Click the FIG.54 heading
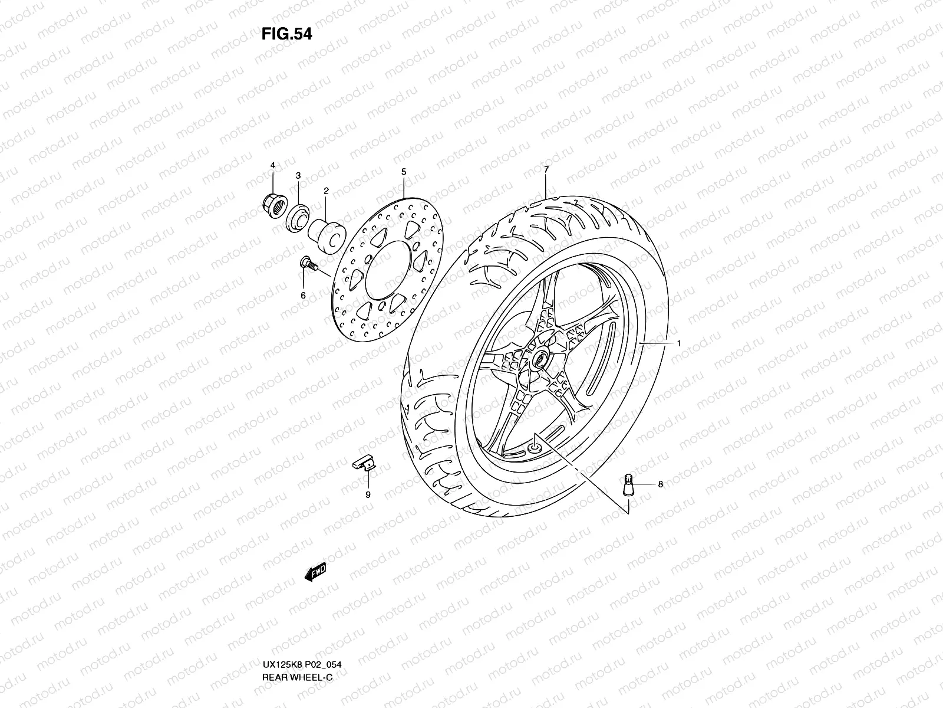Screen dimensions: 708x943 pyautogui.click(x=286, y=34)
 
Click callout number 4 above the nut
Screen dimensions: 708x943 pyautogui.click(x=273, y=166)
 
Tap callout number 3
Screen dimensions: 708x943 pyautogui.click(x=298, y=176)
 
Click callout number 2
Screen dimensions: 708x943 pyautogui.click(x=325, y=191)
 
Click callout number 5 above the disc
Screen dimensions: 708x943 pyautogui.click(x=404, y=172)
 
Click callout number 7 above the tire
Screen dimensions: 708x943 pyautogui.click(x=546, y=169)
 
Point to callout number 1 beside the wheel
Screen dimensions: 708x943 pyautogui.click(x=679, y=343)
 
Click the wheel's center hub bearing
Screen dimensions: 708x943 pyautogui.click(x=539, y=359)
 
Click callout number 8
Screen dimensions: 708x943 pyautogui.click(x=660, y=484)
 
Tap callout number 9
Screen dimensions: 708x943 pyautogui.click(x=367, y=495)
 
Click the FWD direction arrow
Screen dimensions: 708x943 pyautogui.click(x=316, y=571)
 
